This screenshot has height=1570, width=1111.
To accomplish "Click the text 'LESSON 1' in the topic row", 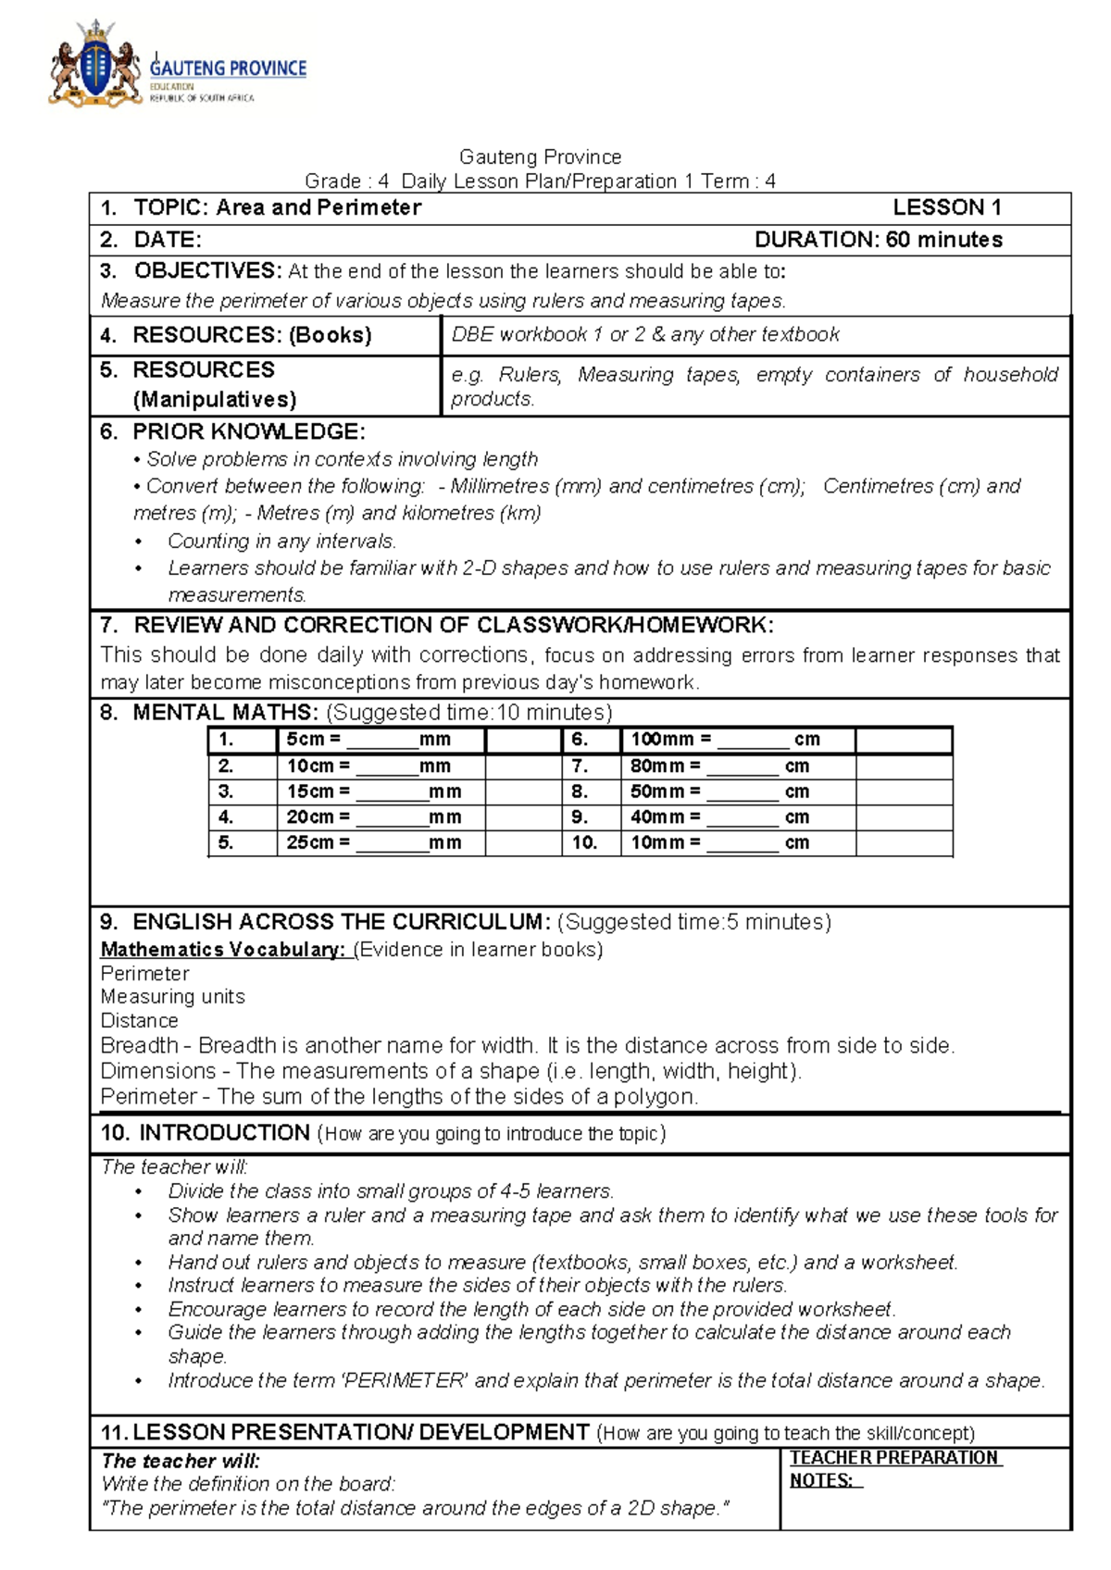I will tap(946, 207).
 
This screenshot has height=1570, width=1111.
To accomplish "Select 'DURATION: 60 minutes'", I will tap(878, 240).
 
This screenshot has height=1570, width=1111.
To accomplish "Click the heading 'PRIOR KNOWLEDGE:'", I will tap(249, 431).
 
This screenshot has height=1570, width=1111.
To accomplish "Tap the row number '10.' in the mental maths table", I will tap(584, 842).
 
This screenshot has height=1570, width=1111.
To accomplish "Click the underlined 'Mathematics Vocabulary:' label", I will tap(222, 950).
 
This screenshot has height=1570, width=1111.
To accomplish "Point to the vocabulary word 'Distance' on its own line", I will tap(139, 1021).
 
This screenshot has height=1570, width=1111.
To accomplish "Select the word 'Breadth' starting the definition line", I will tap(139, 1046).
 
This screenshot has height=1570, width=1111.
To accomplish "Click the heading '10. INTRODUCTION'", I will tap(206, 1133).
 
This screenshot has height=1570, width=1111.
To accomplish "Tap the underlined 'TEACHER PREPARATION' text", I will tap(893, 1458).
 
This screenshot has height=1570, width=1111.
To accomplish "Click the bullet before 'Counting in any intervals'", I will tap(139, 542).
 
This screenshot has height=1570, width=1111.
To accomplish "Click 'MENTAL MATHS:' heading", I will tap(226, 713).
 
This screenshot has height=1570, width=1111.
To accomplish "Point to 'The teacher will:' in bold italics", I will tap(181, 1461).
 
